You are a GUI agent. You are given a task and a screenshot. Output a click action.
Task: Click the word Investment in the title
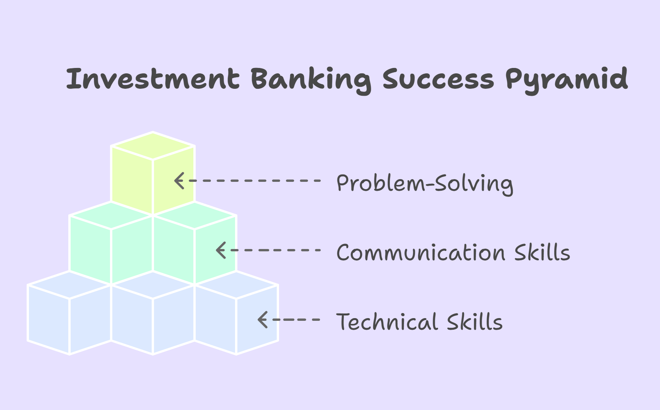(153, 78)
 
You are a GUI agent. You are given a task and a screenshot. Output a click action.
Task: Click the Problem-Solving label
(425, 184)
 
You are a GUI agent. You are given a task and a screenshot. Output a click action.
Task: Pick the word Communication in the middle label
(421, 252)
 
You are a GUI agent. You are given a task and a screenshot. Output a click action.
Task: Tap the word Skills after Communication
(542, 252)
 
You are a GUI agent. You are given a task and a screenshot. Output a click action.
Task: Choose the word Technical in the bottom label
(387, 322)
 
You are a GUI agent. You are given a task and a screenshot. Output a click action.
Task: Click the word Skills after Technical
(475, 322)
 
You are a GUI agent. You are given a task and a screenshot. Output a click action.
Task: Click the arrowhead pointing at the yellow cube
(179, 181)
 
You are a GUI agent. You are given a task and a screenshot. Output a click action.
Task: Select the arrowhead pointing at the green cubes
(221, 250)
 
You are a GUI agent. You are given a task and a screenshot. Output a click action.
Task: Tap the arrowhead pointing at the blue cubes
(262, 320)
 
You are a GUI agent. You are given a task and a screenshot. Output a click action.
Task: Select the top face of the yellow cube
(152, 146)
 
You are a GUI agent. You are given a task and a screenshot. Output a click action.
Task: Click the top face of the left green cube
(111, 215)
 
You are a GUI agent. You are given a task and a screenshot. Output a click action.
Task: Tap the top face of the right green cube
(195, 215)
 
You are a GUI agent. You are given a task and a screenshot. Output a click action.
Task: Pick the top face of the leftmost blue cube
(69, 285)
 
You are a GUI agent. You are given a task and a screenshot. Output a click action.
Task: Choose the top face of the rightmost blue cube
(236, 285)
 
